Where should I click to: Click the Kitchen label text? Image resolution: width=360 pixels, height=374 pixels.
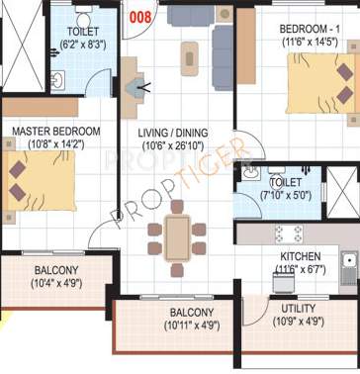tap(297, 255)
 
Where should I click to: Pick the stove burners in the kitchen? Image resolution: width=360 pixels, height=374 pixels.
tap(288, 234)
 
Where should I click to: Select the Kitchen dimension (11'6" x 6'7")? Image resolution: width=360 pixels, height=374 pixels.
tap(298, 268)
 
